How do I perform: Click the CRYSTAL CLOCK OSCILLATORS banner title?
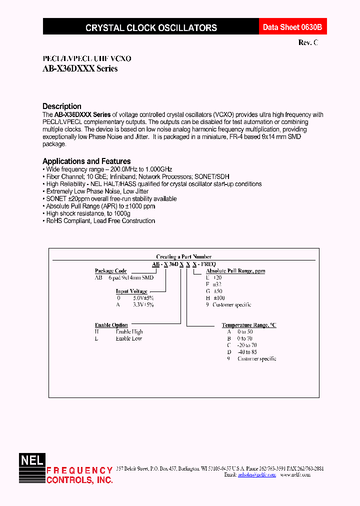point(151,28)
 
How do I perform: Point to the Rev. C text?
point(308,43)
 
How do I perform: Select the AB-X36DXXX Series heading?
point(80,69)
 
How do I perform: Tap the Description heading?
point(62,106)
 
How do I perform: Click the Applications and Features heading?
point(86,161)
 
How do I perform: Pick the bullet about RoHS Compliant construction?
point(100,221)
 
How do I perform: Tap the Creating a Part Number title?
point(184,256)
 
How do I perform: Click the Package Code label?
point(110,271)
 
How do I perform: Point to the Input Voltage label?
point(131,291)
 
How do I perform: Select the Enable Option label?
point(111,325)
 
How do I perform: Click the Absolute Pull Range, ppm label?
point(235,271)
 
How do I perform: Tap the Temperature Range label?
point(248,325)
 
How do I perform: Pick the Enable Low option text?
point(129,338)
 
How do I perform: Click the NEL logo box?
point(32,460)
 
